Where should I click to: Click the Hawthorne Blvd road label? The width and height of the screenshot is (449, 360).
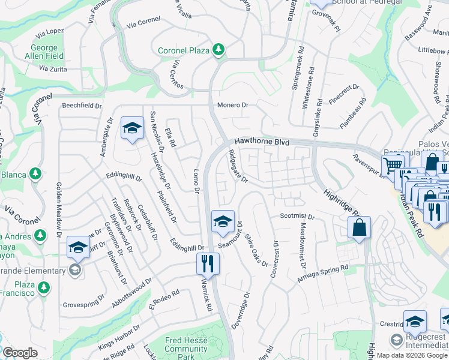point(262,143)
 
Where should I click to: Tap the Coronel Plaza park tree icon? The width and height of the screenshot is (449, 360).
point(218,50)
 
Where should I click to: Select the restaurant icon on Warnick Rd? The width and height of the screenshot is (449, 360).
point(208,262)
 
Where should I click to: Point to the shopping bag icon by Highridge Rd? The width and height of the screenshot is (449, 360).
point(359,228)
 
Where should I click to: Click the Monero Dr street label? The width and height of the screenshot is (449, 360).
point(232,105)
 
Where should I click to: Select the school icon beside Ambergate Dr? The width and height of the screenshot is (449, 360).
point(132,128)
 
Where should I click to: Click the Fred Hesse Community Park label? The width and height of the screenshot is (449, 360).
point(186,344)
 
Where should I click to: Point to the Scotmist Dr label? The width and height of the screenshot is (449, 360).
point(297,216)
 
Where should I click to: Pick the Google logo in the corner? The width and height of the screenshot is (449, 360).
point(20,353)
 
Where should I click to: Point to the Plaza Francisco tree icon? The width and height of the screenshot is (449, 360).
point(43,288)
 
